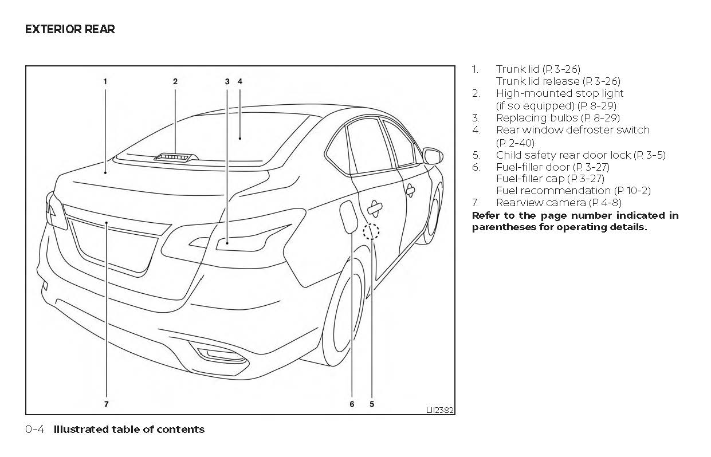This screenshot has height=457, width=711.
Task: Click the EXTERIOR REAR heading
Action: (70, 29)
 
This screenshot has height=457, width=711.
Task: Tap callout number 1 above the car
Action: (105, 81)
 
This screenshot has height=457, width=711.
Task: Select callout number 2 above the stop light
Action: (175, 81)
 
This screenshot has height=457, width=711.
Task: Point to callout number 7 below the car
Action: (107, 404)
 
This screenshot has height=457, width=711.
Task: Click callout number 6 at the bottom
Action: (352, 404)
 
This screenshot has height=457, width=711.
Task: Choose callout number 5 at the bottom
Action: (372, 404)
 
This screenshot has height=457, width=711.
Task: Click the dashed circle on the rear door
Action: (371, 231)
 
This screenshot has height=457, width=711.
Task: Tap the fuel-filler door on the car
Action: (347, 217)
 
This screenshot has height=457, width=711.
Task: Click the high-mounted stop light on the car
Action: (175, 156)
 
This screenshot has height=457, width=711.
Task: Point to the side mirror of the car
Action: (432, 155)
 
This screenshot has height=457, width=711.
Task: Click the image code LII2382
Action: (439, 410)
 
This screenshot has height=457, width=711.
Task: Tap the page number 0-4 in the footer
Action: (35, 429)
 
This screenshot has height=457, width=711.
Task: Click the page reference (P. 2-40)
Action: (515, 143)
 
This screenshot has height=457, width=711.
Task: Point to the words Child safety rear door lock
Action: (564, 155)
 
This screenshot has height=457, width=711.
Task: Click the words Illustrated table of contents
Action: (129, 429)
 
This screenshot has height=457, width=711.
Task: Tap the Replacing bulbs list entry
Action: (537, 117)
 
